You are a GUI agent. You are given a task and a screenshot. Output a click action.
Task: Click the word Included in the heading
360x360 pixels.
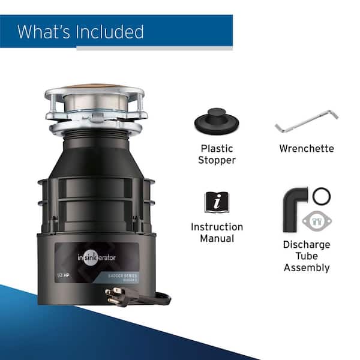point(110,32)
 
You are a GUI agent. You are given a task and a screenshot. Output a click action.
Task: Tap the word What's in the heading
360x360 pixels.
point(45,32)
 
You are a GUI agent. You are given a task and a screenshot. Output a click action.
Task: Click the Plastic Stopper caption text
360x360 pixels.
point(217,154)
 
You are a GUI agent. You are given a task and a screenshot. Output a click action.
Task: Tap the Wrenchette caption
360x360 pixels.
point(307,148)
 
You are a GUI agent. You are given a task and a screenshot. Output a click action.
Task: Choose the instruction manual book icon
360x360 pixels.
point(217,201)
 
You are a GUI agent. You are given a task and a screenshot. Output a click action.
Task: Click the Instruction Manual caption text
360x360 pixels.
point(217,233)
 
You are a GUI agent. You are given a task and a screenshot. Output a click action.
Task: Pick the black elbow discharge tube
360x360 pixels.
point(295,206)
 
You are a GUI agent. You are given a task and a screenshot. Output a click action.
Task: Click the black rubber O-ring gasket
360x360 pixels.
point(322,196)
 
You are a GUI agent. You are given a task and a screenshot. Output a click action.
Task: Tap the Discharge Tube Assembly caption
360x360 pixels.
point(307,256)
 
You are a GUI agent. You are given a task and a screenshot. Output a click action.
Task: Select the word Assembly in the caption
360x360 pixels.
point(307,268)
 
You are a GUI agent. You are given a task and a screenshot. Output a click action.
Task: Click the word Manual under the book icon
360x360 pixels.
point(217,239)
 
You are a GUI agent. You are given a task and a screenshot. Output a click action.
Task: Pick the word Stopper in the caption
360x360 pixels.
point(217,160)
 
